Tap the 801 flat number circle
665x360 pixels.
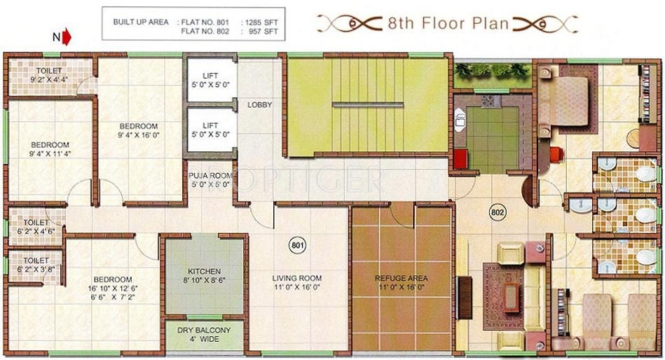click(x=297, y=245)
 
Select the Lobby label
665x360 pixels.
click(x=259, y=105)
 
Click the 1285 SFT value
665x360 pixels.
click(x=261, y=22)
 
